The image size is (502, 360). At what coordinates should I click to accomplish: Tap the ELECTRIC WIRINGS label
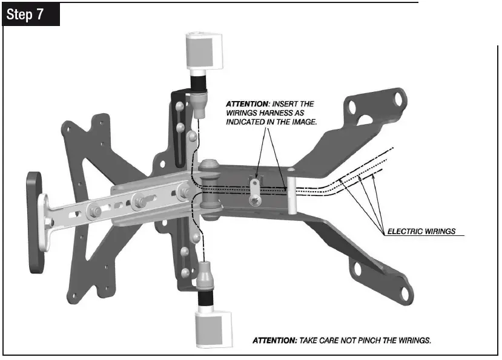coord(421,231)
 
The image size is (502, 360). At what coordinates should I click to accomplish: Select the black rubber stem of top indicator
coord(199,82)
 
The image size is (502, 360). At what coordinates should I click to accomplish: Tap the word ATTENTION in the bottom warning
coord(274,341)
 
